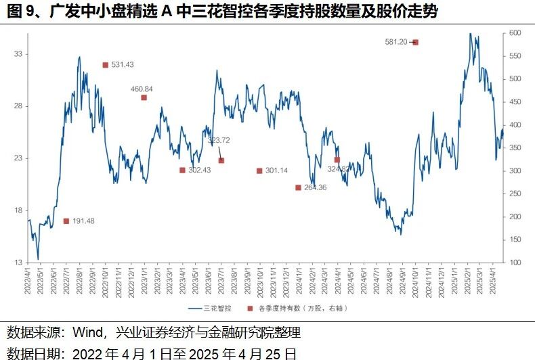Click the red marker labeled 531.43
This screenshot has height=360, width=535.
pos(106,65)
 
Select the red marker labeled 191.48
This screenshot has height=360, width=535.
pos(66,221)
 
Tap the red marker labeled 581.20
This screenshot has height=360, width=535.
pos(415,42)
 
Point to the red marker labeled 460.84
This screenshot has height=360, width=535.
pos(144,97)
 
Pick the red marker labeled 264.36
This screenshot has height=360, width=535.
pos(298,187)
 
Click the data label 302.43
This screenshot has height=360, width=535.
pos(200,171)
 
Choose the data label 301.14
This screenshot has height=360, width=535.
pos(276,171)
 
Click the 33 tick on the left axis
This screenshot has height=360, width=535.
pos(19,53)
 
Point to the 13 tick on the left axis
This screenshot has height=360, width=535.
pos(19,263)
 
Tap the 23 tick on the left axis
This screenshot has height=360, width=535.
pos(19,158)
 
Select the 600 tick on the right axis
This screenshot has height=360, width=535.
pos(515,33)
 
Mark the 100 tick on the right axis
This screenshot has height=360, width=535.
pos(515,263)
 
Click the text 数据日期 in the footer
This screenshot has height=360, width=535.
pos(30,352)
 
